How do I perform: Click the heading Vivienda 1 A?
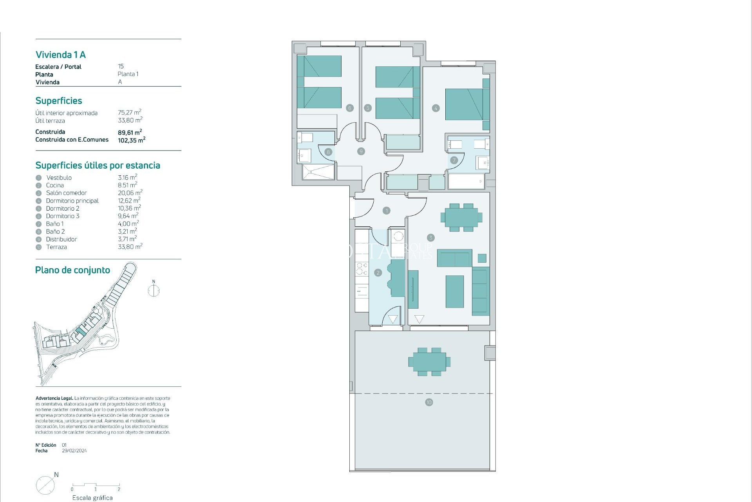[x=61, y=55]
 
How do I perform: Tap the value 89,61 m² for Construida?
[x=130, y=132]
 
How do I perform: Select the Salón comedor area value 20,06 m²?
[x=130, y=193]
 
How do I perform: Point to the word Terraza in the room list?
[x=56, y=247]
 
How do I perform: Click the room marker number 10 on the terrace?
[x=429, y=402]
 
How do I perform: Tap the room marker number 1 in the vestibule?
[x=387, y=211]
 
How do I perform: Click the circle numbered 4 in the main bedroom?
[x=436, y=108]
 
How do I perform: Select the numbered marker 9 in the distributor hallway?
[x=361, y=151]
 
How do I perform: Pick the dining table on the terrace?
[x=429, y=361]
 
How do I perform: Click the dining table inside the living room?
[x=461, y=217]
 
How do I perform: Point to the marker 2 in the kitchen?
[x=378, y=273]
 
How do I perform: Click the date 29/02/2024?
[x=74, y=451]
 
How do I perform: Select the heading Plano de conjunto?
[x=72, y=270]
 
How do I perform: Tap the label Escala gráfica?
[x=92, y=498]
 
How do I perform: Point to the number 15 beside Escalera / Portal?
[x=121, y=66]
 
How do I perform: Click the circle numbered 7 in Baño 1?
[x=454, y=160]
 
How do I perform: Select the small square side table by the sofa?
[x=482, y=258]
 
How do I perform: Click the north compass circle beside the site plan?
[x=154, y=291]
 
